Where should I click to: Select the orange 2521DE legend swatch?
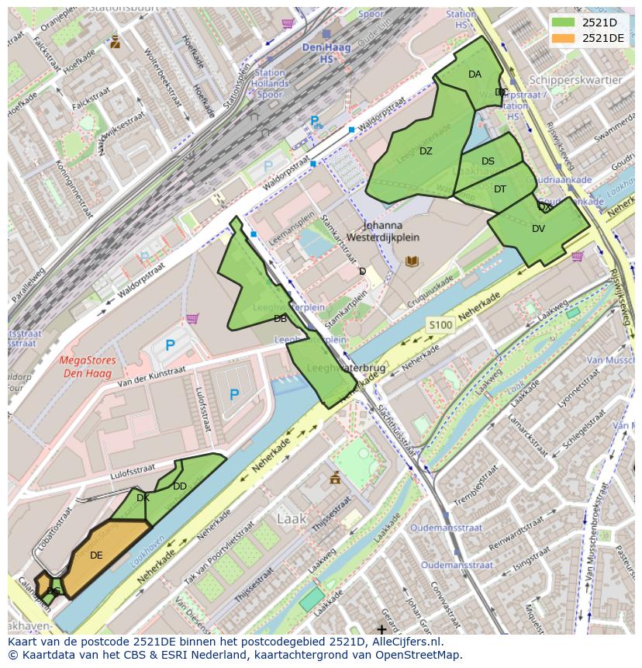pyautogui.click(x=564, y=38)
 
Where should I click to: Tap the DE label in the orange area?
pyautogui.click(x=96, y=556)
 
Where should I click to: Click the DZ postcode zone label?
pyautogui.click(x=426, y=151)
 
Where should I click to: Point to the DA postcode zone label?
pyautogui.click(x=475, y=74)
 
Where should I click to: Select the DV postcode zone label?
pyautogui.click(x=538, y=229)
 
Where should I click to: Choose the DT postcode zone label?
pyautogui.click(x=499, y=189)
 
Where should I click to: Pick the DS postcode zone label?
pyautogui.click(x=488, y=161)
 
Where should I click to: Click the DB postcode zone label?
pyautogui.click(x=280, y=319)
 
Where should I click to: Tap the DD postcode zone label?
pyautogui.click(x=180, y=486)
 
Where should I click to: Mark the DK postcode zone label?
pyautogui.click(x=143, y=498)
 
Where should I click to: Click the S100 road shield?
pyautogui.click(x=439, y=325)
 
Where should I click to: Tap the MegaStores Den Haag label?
pyautogui.click(x=88, y=366)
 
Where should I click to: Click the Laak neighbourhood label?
pyautogui.click(x=292, y=517)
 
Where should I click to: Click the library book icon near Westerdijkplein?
pyautogui.click(x=412, y=261)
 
